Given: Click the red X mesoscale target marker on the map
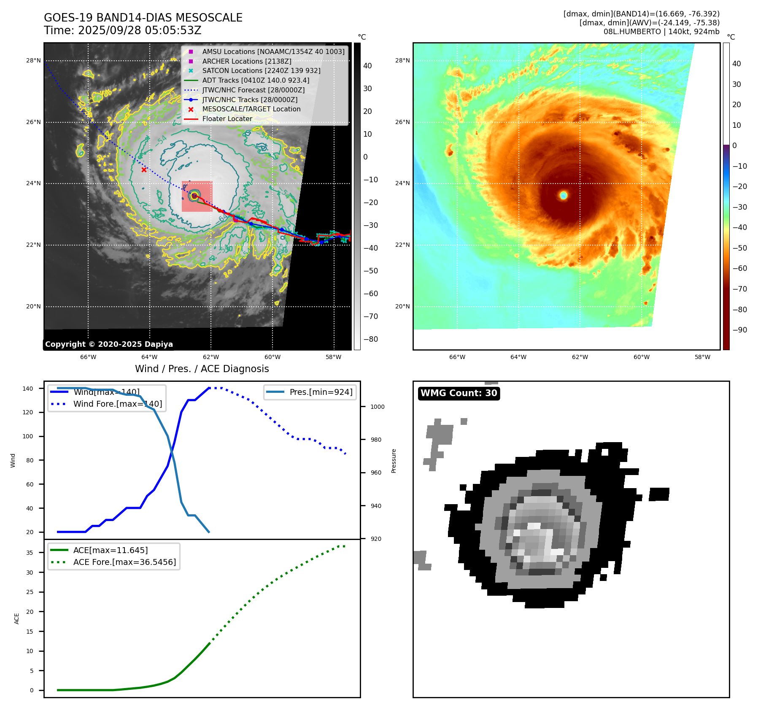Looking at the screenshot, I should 144,170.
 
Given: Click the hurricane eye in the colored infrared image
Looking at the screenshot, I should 564,195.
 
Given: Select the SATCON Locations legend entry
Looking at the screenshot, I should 261,70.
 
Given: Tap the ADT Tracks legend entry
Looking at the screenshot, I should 256,80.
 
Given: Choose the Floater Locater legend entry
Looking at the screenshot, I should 227,119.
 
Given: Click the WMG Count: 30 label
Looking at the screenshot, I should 459,393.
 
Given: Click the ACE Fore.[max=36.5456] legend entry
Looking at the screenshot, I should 124,562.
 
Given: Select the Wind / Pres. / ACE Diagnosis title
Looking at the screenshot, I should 202,369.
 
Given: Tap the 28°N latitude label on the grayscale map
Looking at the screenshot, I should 33,60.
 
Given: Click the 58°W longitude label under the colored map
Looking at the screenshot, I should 702,357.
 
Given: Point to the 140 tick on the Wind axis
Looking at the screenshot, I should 28,389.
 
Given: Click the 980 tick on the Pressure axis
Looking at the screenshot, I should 376,440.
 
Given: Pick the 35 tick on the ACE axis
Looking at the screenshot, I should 30,553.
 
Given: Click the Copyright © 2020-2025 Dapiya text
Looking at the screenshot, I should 109,344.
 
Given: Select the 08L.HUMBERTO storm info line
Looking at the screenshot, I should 661,32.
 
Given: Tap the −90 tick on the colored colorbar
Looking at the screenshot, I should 739,330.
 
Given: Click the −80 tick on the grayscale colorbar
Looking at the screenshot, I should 371,339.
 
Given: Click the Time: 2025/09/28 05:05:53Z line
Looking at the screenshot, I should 123,31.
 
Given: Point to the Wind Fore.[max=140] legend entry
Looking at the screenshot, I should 117,404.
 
